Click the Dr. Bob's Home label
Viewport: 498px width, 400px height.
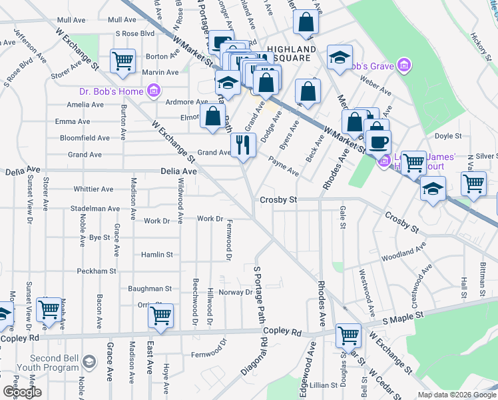[x=111, y=91]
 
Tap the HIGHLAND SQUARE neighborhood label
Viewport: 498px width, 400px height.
[x=292, y=54]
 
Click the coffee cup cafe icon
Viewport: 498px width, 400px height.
[x=378, y=142]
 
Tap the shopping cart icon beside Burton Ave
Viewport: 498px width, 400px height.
[x=123, y=61]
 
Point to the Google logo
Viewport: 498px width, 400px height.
[x=22, y=392]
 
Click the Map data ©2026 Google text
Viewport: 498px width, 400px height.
[x=456, y=395]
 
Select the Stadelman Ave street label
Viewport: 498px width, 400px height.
[x=95, y=209]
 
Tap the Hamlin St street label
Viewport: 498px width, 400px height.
[x=156, y=255]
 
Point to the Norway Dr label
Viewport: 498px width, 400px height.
[x=240, y=292]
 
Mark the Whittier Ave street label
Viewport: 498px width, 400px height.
[x=93, y=189]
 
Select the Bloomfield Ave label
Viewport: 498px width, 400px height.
[x=85, y=138]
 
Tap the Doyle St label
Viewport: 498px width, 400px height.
[x=448, y=137]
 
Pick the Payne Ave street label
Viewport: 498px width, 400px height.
[x=284, y=166]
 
